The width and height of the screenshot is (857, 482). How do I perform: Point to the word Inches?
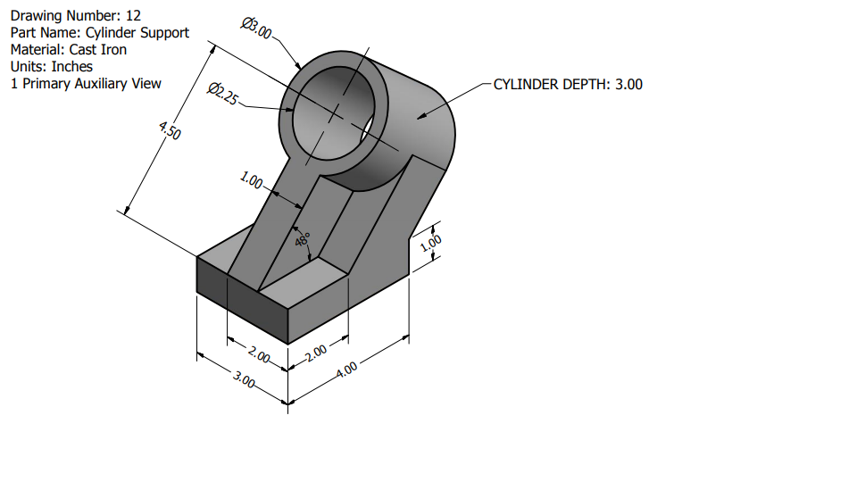click(x=71, y=66)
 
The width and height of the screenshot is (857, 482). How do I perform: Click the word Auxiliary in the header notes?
click(x=98, y=83)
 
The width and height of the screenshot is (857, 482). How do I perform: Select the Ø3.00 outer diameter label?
click(x=257, y=28)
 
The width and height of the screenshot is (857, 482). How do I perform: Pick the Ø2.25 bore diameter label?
click(x=222, y=94)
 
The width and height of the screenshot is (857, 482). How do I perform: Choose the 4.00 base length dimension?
click(x=347, y=368)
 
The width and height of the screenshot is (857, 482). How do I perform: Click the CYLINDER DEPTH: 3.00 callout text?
click(x=568, y=84)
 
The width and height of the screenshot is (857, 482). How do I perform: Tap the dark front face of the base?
click(x=241, y=303)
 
